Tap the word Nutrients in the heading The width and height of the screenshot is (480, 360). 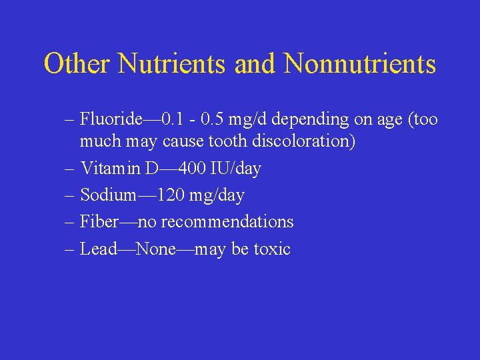pyautogui.click(x=173, y=64)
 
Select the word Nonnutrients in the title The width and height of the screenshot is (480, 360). pyautogui.click(x=360, y=64)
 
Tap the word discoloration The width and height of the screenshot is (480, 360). pyautogui.click(x=301, y=141)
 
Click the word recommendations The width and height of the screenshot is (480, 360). pyautogui.click(x=227, y=221)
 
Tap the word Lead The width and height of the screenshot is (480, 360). pyautogui.click(x=98, y=249)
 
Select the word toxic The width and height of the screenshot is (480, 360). pyautogui.click(x=271, y=249)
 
